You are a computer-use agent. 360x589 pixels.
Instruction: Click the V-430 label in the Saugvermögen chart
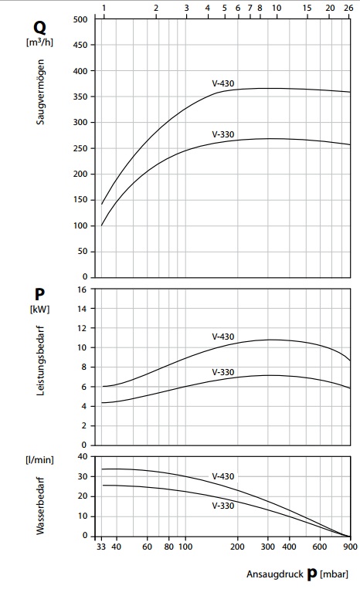point(222,83)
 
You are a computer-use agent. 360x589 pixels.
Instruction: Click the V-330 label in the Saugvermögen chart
point(222,134)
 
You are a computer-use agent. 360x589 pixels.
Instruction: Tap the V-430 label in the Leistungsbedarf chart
point(222,337)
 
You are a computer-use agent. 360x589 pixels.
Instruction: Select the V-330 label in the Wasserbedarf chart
point(222,506)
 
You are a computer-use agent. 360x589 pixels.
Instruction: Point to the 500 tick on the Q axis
point(80,19)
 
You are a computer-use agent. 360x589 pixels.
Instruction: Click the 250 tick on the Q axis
point(80,148)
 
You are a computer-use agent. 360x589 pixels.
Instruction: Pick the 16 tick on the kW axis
point(82,289)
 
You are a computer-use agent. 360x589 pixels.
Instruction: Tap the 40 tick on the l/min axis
point(83,457)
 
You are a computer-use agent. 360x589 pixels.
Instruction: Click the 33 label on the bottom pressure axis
point(101,547)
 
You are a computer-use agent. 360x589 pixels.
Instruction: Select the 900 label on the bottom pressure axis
point(350,547)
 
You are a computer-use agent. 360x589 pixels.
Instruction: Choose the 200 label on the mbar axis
point(237,547)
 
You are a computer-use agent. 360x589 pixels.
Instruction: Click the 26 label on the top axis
point(348,8)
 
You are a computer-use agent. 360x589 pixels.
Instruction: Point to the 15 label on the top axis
point(307,8)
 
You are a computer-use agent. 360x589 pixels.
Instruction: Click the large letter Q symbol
point(40,28)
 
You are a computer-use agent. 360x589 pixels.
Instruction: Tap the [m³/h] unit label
point(39,42)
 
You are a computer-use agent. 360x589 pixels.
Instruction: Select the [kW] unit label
point(39,309)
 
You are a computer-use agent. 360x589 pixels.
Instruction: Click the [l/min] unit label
point(39,460)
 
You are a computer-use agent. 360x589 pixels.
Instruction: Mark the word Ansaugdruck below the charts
point(275,574)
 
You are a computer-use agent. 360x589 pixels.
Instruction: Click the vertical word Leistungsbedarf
point(40,361)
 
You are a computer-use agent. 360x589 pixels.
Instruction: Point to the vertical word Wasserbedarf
point(40,506)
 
